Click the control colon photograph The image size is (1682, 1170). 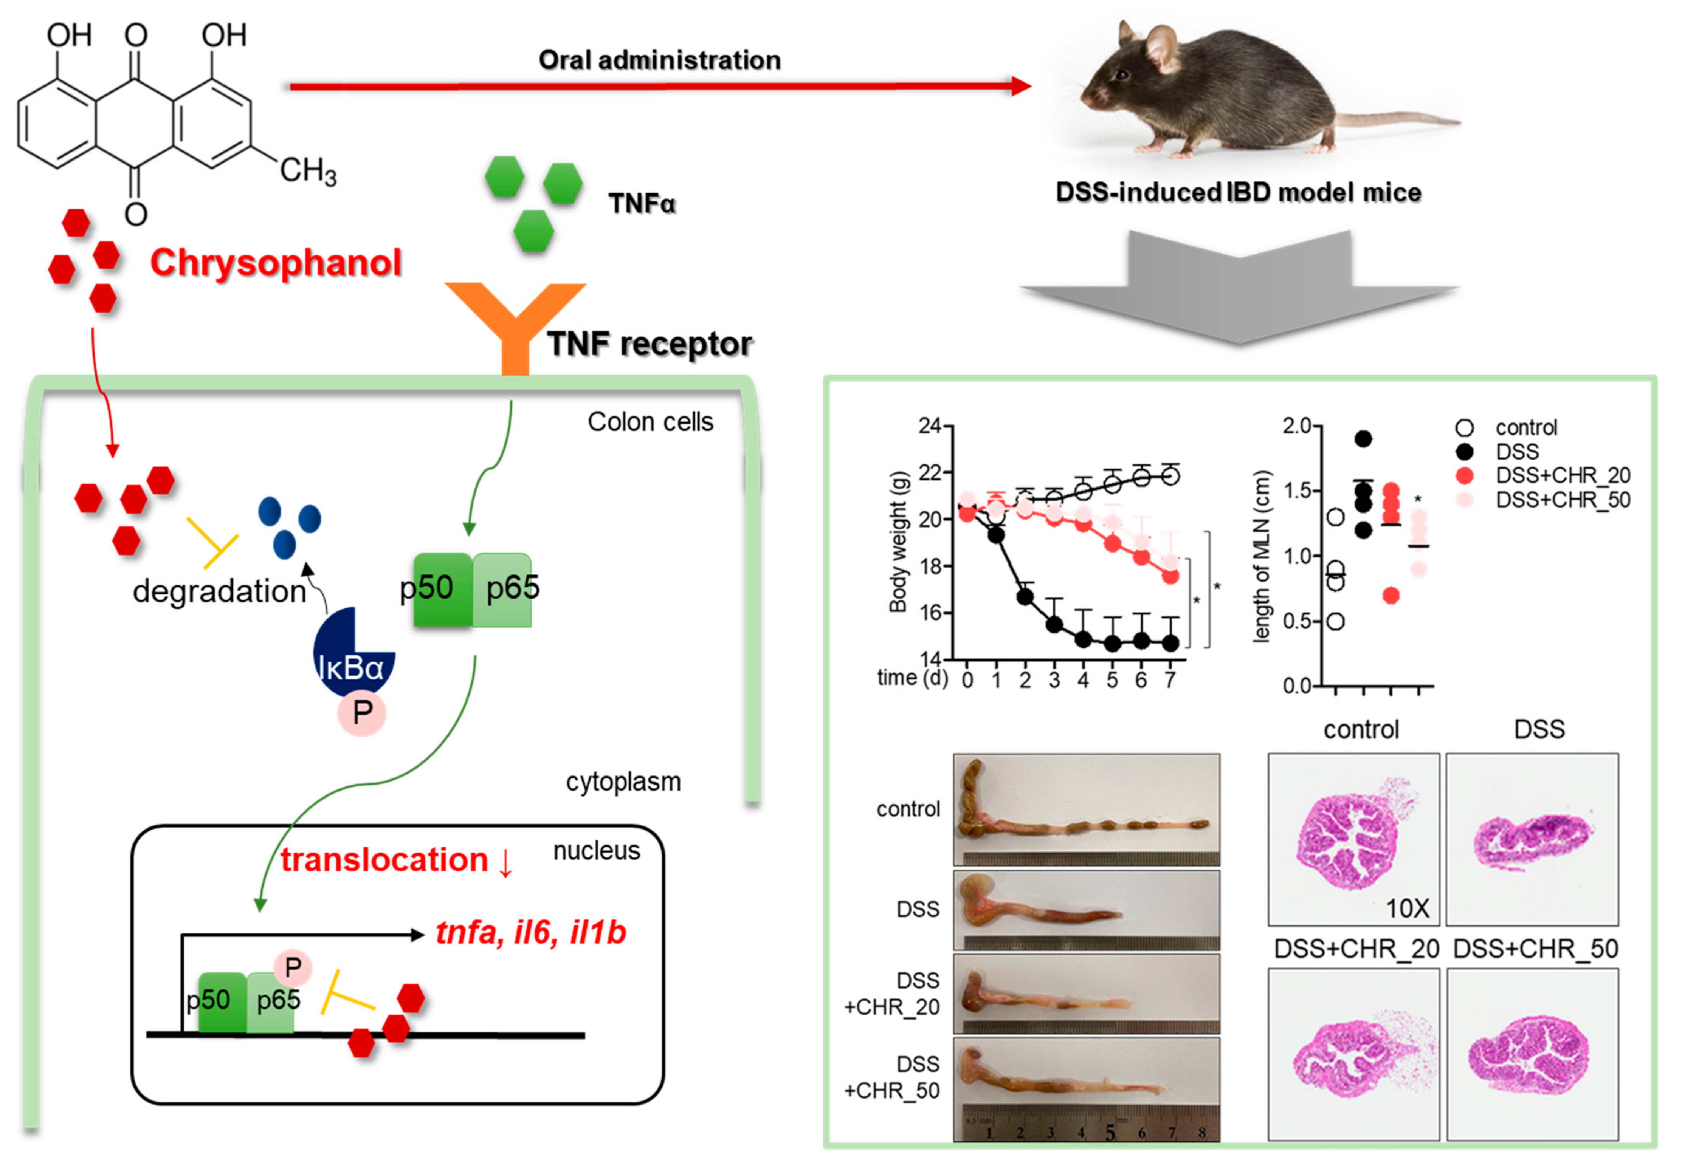pos(1087,809)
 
